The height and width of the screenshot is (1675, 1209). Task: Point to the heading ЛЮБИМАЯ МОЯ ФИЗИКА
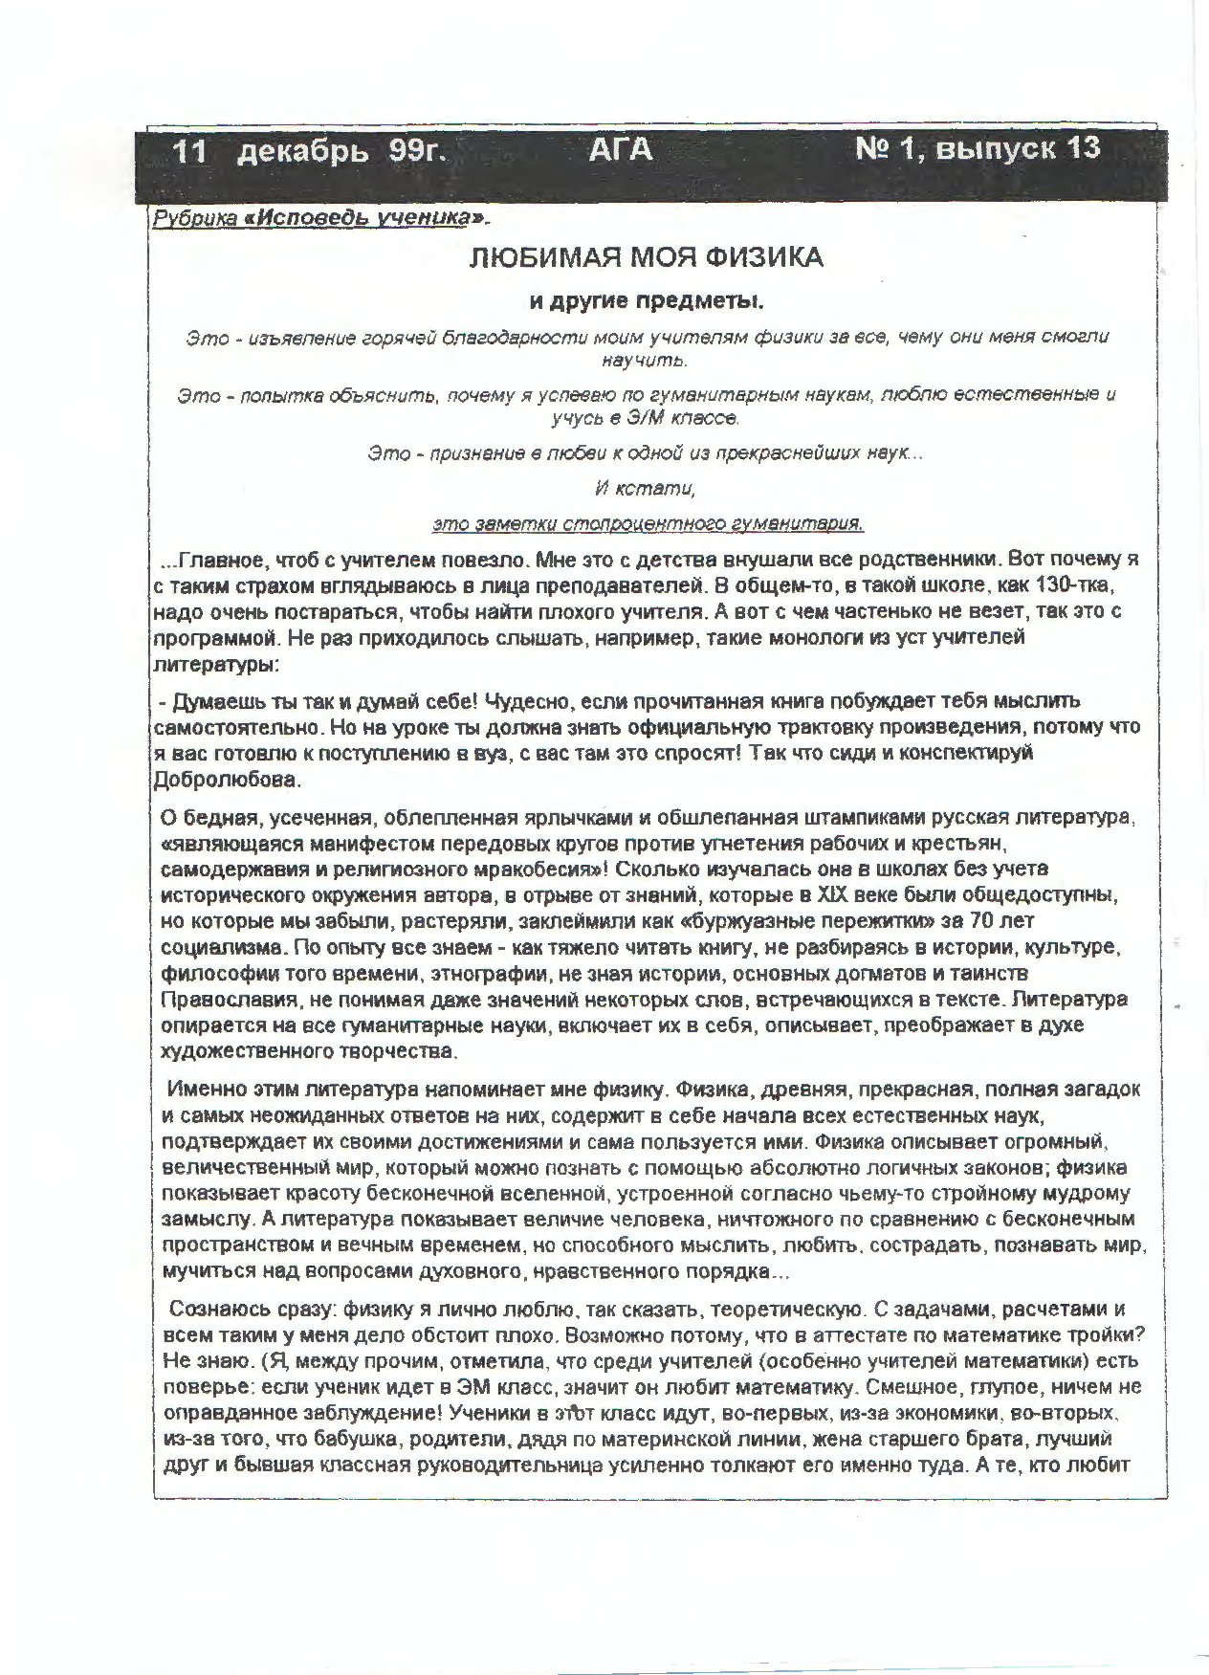click(646, 258)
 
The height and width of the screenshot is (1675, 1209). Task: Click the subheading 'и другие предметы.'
click(648, 301)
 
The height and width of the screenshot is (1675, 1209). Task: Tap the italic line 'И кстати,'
click(645, 488)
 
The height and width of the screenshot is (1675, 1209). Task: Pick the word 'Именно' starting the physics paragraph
click(206, 1089)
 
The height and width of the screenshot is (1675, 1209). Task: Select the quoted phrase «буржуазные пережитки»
click(838, 921)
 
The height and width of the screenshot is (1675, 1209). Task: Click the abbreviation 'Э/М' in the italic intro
click(643, 418)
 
